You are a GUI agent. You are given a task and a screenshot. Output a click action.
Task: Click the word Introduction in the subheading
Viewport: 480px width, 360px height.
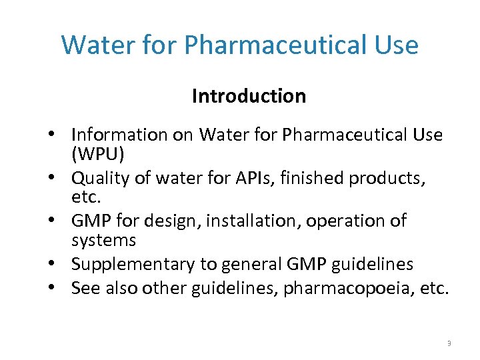[x=249, y=96]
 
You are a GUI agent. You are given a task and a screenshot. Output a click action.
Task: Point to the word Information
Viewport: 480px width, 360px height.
[x=119, y=135]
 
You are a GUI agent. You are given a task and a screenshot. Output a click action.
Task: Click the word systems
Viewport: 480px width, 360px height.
[x=103, y=239]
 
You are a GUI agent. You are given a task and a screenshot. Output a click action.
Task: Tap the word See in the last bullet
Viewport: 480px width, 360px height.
[x=85, y=288]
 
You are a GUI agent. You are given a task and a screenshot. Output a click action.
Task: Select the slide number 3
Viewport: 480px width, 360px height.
[x=449, y=343]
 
